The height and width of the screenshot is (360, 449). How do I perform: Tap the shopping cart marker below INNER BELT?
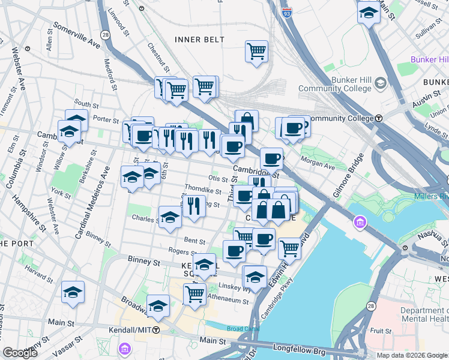pos(256,52)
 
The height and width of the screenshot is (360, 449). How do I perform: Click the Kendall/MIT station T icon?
pos(156,330)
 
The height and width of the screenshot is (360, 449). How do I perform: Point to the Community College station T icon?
pos(379,118)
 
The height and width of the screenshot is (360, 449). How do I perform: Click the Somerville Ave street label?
pos(77,35)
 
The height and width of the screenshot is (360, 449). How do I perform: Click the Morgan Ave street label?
pos(318,162)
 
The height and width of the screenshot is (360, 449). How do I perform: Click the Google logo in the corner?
pos(20,353)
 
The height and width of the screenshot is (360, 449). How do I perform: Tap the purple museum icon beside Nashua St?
pos(360,223)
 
